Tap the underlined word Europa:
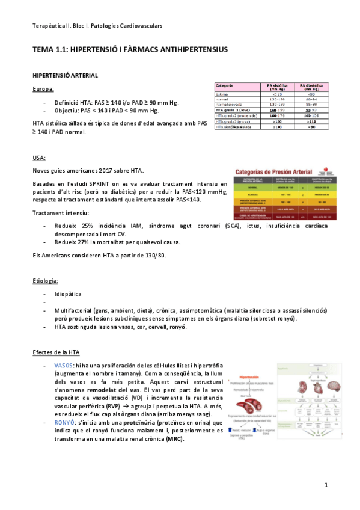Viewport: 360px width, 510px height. (43, 90)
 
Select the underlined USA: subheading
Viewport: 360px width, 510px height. (40, 158)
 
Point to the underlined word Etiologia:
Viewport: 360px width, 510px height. (46, 280)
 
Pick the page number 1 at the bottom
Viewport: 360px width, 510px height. (326, 485)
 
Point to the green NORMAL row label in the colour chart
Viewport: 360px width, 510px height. (252, 187)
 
